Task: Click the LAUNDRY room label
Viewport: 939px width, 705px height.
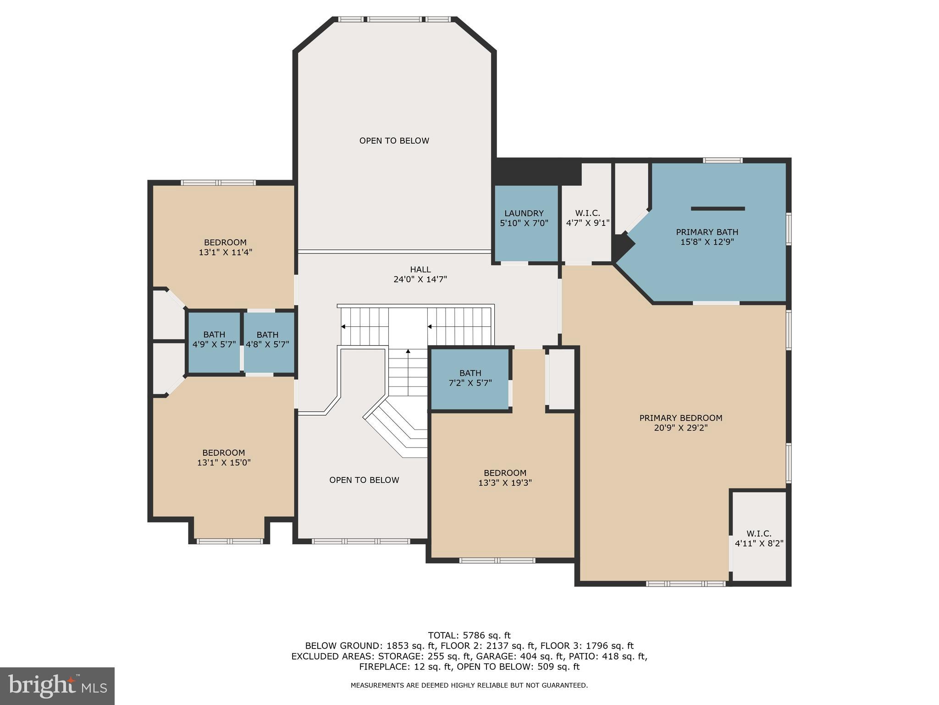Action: click(x=524, y=213)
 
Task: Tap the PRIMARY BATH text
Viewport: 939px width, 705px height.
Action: click(x=707, y=232)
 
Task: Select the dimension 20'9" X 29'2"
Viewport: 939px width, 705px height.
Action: click(x=681, y=428)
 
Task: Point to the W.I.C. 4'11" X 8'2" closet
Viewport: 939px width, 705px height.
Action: click(x=759, y=538)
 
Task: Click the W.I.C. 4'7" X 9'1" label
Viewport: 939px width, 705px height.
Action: click(x=587, y=218)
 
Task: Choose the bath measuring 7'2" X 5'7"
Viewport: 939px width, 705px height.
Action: click(x=470, y=378)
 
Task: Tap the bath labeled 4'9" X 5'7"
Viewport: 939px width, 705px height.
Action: click(x=214, y=340)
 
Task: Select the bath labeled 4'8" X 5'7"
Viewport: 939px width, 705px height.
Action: click(x=267, y=340)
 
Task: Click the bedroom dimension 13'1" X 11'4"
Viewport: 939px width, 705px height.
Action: click(x=225, y=252)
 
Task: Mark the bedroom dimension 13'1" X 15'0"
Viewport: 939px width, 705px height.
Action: click(x=224, y=463)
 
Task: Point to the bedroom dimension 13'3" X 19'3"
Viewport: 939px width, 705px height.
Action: click(x=505, y=483)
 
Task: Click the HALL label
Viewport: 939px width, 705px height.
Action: click(x=420, y=270)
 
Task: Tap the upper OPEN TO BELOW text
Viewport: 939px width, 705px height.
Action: click(x=394, y=141)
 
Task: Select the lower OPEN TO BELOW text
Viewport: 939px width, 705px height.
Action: click(x=364, y=480)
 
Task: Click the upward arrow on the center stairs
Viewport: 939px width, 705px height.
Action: click(x=408, y=352)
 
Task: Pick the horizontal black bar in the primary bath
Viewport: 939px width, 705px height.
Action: click(x=718, y=209)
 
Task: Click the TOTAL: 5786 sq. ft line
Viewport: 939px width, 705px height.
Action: click(x=469, y=636)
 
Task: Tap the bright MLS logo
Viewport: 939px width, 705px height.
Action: click(x=57, y=686)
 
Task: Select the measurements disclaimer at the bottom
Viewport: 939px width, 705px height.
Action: click(x=469, y=685)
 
